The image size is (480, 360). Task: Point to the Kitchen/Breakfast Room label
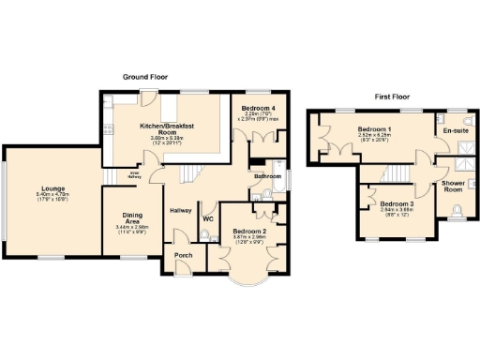pyautogui.click(x=167, y=128)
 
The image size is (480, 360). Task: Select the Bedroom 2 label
pyautogui.click(x=250, y=231)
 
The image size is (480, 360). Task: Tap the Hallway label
pyautogui.click(x=181, y=209)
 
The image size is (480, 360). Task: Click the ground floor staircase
pyautogui.click(x=193, y=173)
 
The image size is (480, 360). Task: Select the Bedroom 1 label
pyautogui.click(x=375, y=128)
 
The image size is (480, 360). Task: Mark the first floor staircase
pyautogui.click(x=399, y=173)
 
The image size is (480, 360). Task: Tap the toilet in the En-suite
pyautogui.click(x=468, y=121)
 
